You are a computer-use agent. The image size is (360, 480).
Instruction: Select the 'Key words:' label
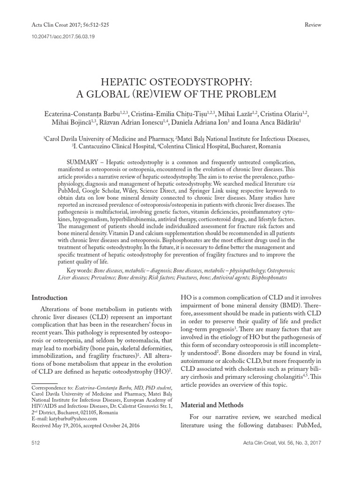(80, 270)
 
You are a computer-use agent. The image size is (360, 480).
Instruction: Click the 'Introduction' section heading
(49, 298)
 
